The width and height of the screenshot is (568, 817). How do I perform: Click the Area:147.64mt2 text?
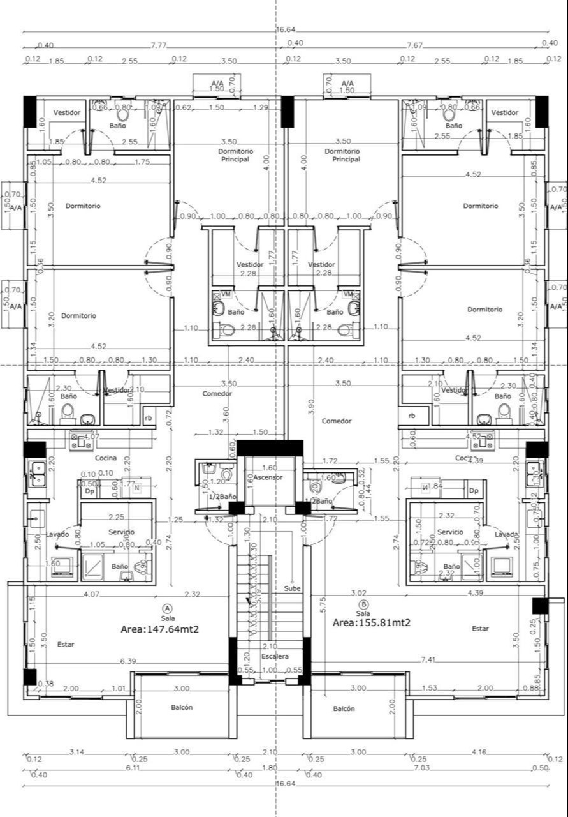point(160,629)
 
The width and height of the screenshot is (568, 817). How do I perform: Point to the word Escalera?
point(275,656)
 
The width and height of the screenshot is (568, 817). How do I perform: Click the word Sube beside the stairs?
point(293,588)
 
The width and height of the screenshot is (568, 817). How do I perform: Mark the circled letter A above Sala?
point(167,608)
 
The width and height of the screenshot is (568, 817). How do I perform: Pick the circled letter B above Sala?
point(363,604)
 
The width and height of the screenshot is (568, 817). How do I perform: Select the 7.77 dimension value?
point(159,45)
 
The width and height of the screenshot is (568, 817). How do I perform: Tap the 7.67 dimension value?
point(414,45)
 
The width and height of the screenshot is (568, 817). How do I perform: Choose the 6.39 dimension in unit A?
point(128,661)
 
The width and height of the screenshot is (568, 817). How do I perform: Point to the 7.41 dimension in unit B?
point(428,659)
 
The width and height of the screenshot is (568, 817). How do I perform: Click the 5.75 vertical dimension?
point(323,600)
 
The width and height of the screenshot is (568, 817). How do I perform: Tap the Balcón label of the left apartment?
point(182,707)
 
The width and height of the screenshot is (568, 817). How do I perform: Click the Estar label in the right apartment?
point(480,629)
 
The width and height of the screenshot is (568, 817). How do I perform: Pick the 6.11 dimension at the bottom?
point(132,768)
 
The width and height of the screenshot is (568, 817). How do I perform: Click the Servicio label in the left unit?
point(121,532)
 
